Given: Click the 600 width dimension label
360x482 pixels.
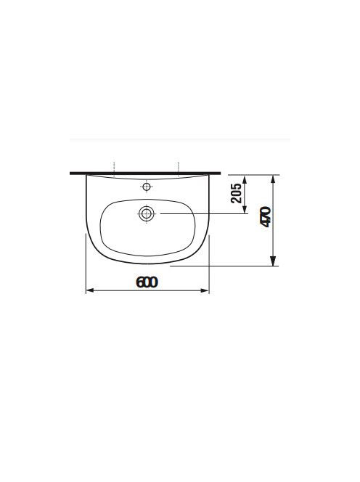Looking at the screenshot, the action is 147,282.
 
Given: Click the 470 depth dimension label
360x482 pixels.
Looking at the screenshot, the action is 266,217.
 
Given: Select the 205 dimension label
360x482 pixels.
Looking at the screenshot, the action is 236,193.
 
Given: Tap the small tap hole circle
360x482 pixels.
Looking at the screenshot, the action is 147,187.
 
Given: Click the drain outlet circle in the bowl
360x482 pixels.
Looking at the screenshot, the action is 147,213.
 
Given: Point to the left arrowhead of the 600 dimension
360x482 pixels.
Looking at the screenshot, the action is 89,290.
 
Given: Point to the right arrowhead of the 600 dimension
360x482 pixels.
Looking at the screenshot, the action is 205,290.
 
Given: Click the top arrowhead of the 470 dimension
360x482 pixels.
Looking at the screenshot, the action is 273,179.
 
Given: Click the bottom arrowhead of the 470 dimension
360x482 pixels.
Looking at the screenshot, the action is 273,261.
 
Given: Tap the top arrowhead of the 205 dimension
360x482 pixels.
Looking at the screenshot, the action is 245,179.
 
